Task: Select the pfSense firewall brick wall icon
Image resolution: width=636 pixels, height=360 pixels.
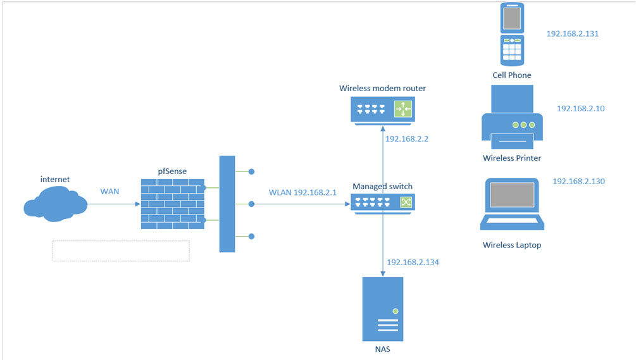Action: pyautogui.click(x=172, y=204)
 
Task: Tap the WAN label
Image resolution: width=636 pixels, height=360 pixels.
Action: pyautogui.click(x=110, y=190)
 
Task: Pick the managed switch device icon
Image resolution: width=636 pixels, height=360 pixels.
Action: pyautogui.click(x=383, y=202)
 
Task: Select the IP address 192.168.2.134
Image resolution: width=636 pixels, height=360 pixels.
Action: pyautogui.click(x=413, y=262)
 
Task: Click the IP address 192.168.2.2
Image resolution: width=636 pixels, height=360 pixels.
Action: pyautogui.click(x=406, y=139)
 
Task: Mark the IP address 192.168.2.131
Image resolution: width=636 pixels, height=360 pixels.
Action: pyautogui.click(x=572, y=34)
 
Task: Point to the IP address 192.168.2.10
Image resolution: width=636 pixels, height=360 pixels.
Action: pyautogui.click(x=580, y=108)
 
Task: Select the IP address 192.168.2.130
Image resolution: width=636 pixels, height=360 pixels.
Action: pyautogui.click(x=578, y=181)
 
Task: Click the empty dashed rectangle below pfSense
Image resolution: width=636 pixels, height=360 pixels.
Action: pyautogui.click(x=120, y=251)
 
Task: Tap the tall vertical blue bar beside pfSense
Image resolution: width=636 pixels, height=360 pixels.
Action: pyautogui.click(x=227, y=204)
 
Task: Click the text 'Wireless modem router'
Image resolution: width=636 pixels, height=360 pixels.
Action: pyautogui.click(x=382, y=88)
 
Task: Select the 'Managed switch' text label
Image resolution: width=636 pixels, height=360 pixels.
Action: pyautogui.click(x=382, y=186)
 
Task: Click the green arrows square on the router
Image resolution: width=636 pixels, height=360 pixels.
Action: pyautogui.click(x=402, y=109)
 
